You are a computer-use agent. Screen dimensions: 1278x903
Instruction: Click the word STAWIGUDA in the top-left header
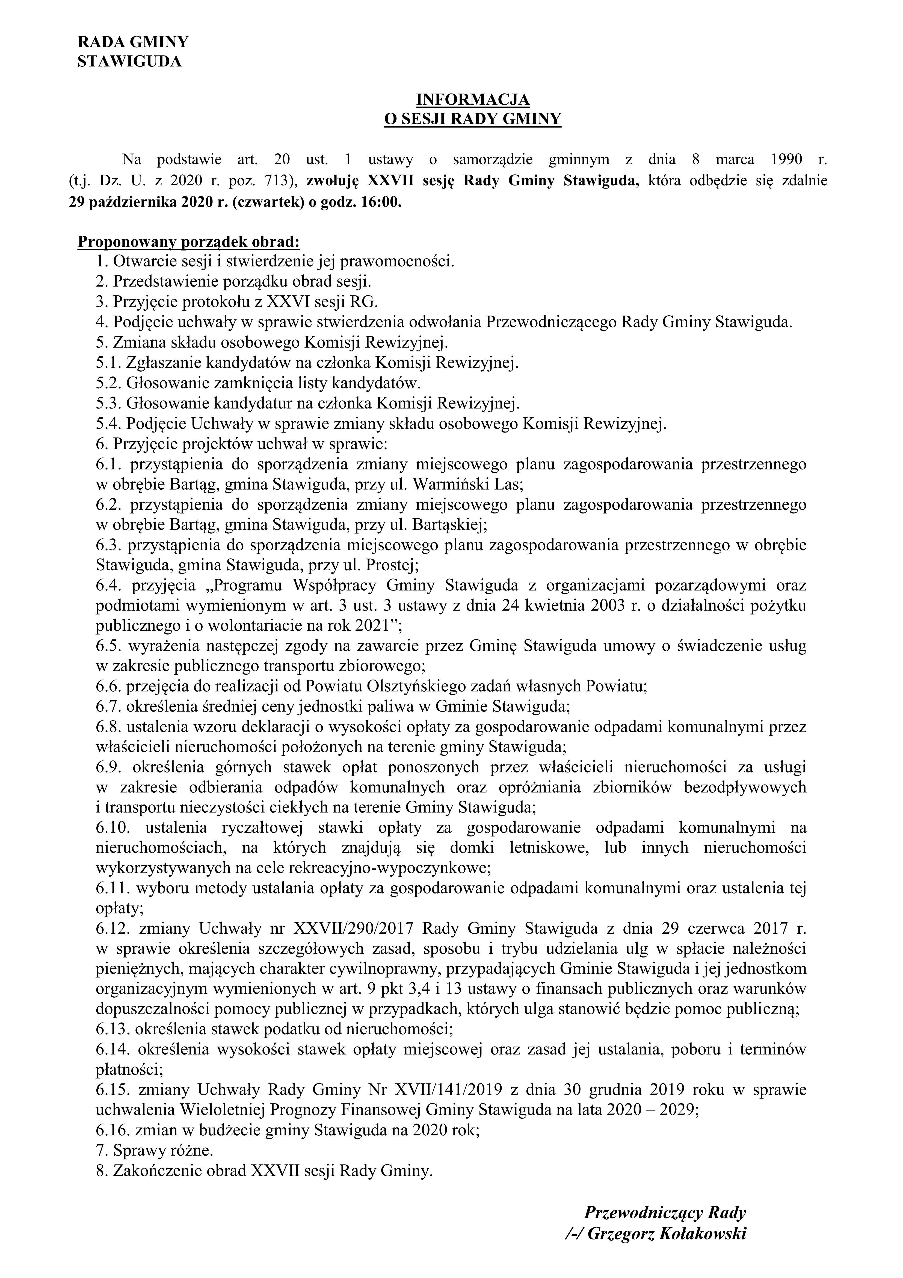point(129,62)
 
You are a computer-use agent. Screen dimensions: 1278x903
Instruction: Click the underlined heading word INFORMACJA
point(473,100)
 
